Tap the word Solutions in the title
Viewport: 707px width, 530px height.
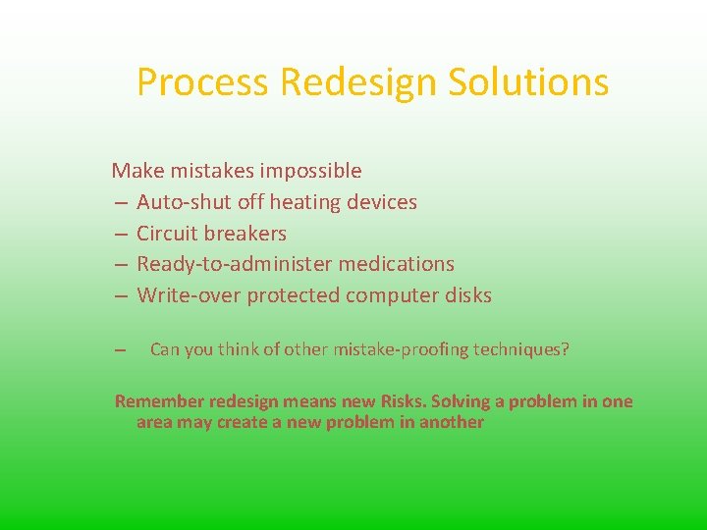[528, 82]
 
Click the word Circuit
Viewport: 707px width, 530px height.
[167, 234]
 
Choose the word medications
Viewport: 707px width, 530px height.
[396, 264]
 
